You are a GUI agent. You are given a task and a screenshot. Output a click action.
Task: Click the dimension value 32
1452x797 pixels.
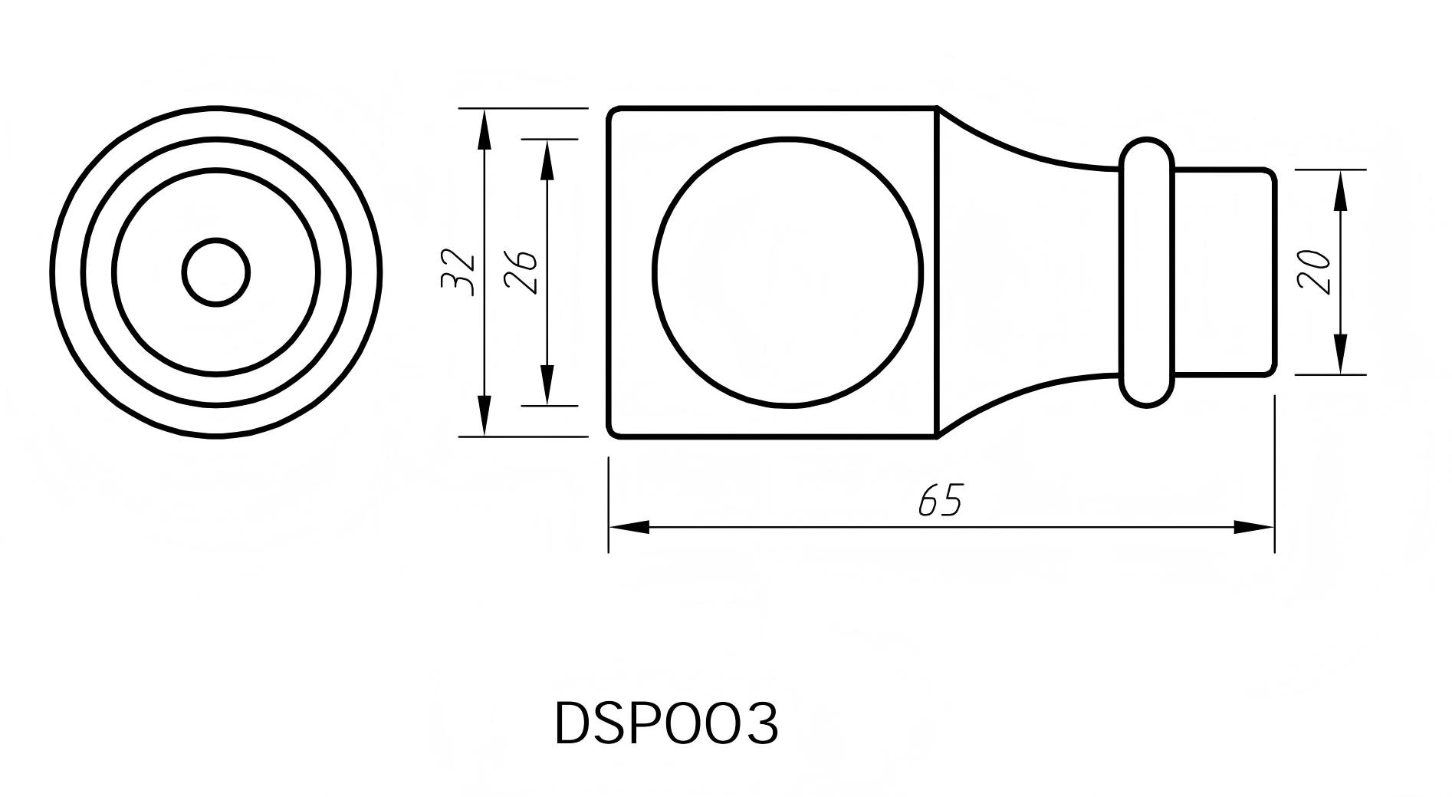pyautogui.click(x=459, y=272)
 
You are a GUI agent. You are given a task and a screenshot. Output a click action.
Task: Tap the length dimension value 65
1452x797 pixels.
pyautogui.click(x=939, y=501)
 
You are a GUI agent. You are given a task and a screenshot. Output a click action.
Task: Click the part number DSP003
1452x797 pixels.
pyautogui.click(x=665, y=723)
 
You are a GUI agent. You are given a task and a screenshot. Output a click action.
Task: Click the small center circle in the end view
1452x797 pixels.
pyautogui.click(x=216, y=272)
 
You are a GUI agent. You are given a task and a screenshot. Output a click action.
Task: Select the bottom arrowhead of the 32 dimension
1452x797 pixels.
pyautogui.click(x=484, y=417)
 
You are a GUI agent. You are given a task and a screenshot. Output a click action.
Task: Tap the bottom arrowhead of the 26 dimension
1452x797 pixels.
pyautogui.click(x=547, y=385)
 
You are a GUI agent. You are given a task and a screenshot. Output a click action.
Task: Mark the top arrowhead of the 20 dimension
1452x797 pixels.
pyautogui.click(x=1340, y=189)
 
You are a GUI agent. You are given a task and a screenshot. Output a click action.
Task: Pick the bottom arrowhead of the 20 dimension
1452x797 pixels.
pyautogui.click(x=1340, y=354)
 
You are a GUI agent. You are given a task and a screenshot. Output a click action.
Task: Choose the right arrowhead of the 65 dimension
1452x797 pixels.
pyautogui.click(x=1253, y=527)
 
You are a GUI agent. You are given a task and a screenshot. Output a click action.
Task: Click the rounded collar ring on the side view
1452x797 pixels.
pyautogui.click(x=1146, y=272)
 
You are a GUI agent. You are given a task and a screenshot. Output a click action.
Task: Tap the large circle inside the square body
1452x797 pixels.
pyautogui.click(x=788, y=272)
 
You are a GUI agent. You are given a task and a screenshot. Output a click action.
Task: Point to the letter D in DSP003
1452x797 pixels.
pyautogui.click(x=572, y=723)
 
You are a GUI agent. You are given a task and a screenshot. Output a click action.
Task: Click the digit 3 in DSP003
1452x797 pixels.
pyautogui.click(x=760, y=723)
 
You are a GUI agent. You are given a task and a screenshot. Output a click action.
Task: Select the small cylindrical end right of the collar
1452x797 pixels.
pyautogui.click(x=1224, y=272)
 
